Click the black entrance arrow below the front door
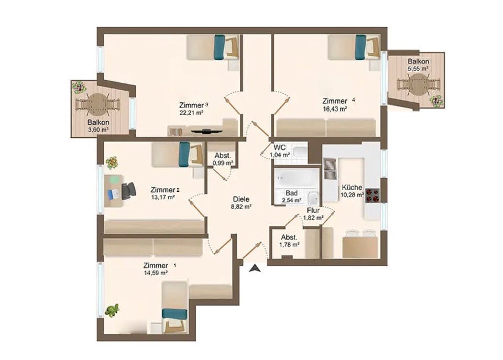pyautogui.click(x=255, y=269)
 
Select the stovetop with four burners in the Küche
pyautogui.click(x=373, y=195)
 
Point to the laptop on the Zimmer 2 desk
pyautogui.click(x=114, y=194)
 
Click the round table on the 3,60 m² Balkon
pyautogui.click(x=97, y=104)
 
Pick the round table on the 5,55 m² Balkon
pyautogui.click(x=418, y=84)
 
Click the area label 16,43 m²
pyautogui.click(x=335, y=109)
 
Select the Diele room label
pyautogui.click(x=241, y=199)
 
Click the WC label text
pyautogui.click(x=279, y=147)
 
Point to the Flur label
pyautogui.click(x=313, y=210)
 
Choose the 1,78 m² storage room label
pyautogui.click(x=290, y=244)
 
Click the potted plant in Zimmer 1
pyautogui.click(x=112, y=310)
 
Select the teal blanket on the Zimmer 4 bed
pyautogui.click(x=360, y=47)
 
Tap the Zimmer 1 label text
pyautogui.click(x=155, y=266)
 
